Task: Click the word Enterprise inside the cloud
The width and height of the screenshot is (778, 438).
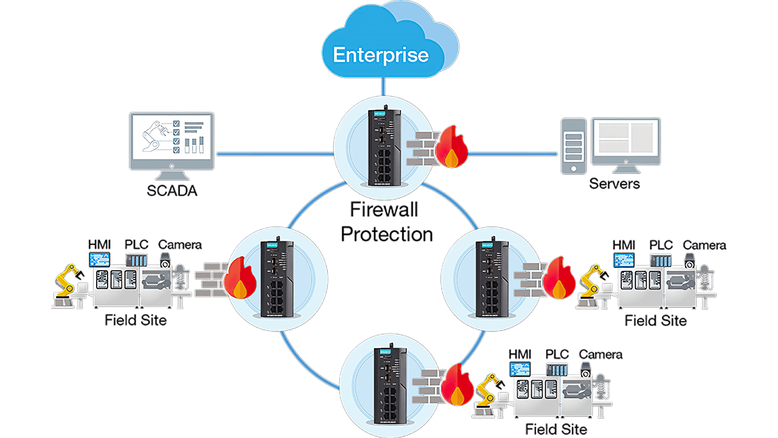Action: pyautogui.click(x=381, y=55)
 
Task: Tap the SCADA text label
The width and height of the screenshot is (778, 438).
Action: pyautogui.click(x=173, y=191)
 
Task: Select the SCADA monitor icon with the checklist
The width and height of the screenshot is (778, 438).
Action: pyautogui.click(x=171, y=140)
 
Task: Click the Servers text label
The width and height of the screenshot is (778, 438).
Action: pyautogui.click(x=614, y=183)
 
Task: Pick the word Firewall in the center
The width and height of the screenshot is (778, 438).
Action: pyautogui.click(x=384, y=210)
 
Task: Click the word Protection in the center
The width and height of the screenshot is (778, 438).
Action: pyautogui.click(x=387, y=234)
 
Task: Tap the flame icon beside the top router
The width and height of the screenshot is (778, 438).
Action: pyautogui.click(x=450, y=147)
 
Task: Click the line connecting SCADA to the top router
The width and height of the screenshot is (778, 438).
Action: pyautogui.click(x=274, y=153)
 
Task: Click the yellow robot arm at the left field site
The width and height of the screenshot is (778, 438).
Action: pyautogui.click(x=69, y=283)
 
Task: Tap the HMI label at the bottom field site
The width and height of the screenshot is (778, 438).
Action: pyautogui.click(x=520, y=354)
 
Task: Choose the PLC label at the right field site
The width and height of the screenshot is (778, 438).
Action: pyautogui.click(x=661, y=245)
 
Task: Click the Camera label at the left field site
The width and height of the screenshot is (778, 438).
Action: pyautogui.click(x=180, y=245)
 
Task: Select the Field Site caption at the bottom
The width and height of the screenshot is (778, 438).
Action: pyautogui.click(x=556, y=429)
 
